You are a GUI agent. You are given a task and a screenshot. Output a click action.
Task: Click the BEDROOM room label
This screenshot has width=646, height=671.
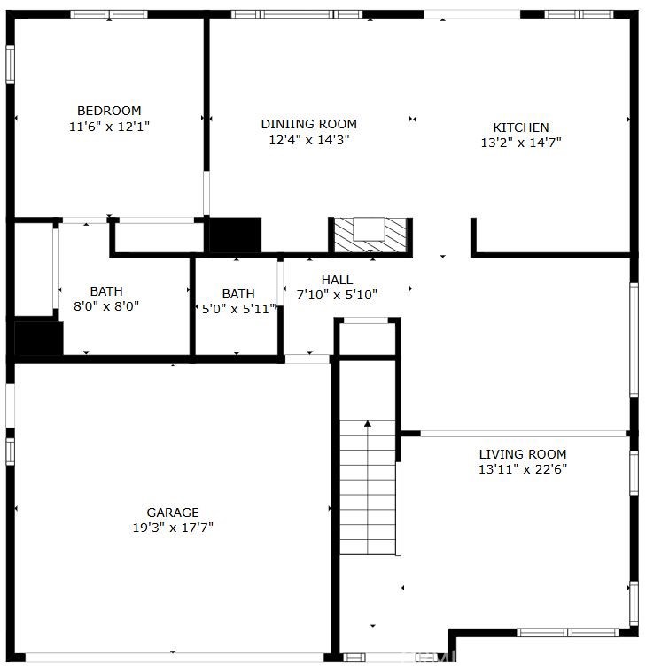coord(109,111)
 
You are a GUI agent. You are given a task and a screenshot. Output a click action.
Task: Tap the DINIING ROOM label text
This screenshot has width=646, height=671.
coord(309,124)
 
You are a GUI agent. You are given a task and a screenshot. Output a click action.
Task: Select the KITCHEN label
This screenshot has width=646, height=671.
coord(521,127)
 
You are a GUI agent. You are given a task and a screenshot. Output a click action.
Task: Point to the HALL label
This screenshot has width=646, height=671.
coord(337,280)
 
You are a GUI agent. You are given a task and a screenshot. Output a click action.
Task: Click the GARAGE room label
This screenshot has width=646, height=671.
coord(173,513)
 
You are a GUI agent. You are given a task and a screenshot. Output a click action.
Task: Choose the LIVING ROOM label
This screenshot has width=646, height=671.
coord(523,454)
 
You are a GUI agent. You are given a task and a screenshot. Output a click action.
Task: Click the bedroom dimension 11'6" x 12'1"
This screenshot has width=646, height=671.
coord(109,127)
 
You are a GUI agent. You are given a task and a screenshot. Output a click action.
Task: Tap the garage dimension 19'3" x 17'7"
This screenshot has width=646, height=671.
coord(173,528)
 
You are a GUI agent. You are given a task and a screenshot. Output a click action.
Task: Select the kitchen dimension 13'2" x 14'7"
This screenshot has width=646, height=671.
coord(521,143)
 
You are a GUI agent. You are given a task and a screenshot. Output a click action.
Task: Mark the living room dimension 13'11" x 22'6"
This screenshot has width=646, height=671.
coord(523,469)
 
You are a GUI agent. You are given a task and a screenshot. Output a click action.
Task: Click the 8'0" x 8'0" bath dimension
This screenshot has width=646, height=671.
coord(106,306)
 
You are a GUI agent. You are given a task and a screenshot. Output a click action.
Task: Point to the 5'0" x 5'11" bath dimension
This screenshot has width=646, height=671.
coord(238,309)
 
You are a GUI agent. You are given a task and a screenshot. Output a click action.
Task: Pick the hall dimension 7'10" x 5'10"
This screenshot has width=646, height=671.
coord(337,295)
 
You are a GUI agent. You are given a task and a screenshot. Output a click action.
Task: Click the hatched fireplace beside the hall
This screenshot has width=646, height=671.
coord(370,235)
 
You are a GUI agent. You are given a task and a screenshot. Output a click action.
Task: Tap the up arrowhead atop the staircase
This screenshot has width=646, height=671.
coord(368,423)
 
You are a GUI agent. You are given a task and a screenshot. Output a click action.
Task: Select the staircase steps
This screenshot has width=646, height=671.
coord(368,488)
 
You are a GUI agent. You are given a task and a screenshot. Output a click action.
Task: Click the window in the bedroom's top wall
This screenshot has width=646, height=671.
coord(109,14)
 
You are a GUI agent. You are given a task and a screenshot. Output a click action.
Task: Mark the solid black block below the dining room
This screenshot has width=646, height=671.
coord(235,235)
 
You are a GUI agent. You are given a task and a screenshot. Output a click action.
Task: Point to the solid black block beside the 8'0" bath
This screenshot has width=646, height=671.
coord(39,338)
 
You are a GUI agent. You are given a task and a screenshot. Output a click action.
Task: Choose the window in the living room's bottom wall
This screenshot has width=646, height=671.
coord(568,632)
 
